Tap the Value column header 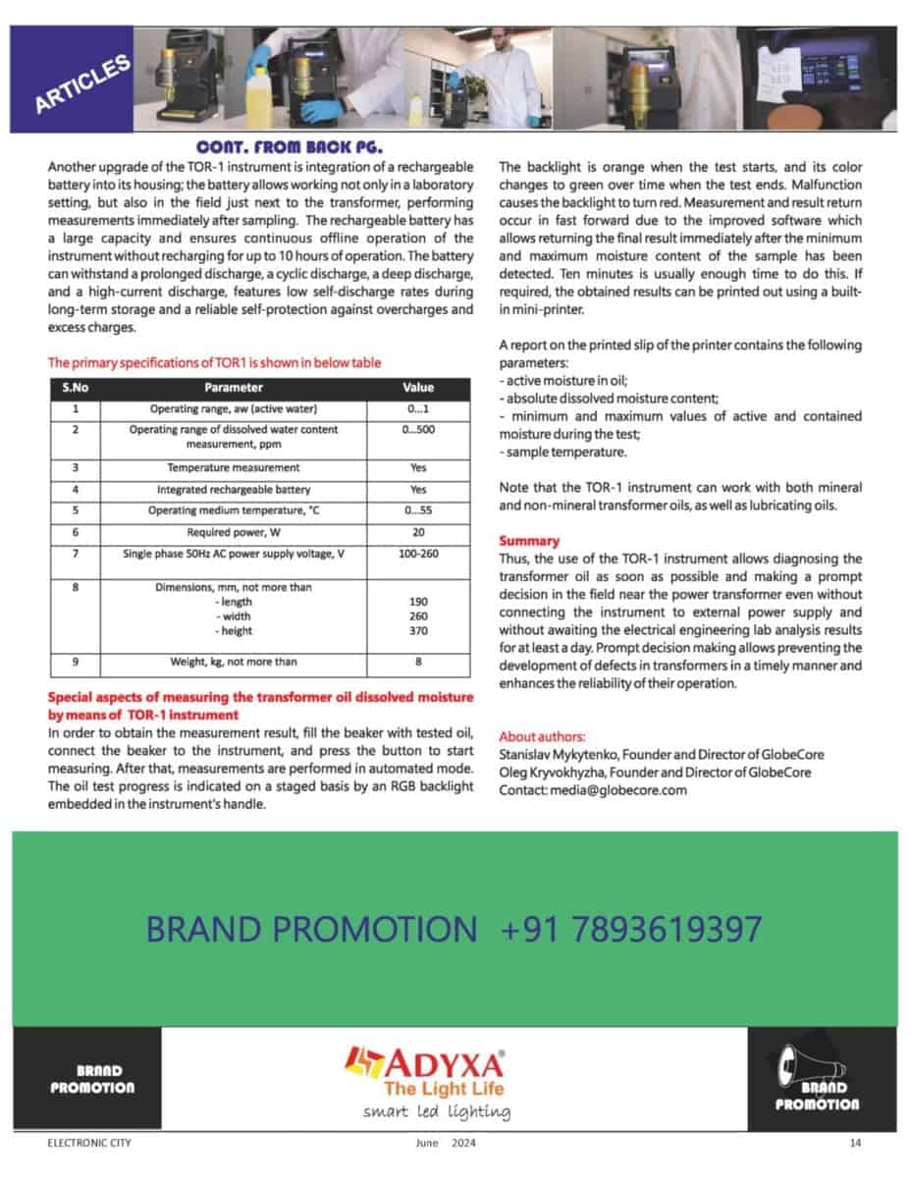pyautogui.click(x=418, y=387)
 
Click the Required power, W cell pyautogui.click(x=234, y=532)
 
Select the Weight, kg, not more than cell pyautogui.click(x=234, y=662)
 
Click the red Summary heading pyautogui.click(x=529, y=541)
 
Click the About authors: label pyautogui.click(x=543, y=736)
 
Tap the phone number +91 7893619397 pyautogui.click(x=631, y=929)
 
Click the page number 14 pyautogui.click(x=855, y=1143)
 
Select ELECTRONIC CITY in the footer pyautogui.click(x=89, y=1143)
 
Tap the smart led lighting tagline pyautogui.click(x=436, y=1112)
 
